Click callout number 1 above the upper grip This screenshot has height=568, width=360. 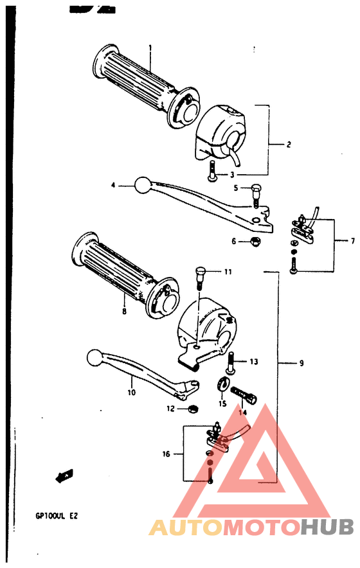click(x=150, y=48)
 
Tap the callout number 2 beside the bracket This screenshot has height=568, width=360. click(x=289, y=145)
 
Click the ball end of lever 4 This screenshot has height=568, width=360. click(x=142, y=186)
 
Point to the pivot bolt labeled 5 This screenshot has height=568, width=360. click(x=256, y=191)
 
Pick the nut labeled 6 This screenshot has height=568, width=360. click(x=255, y=242)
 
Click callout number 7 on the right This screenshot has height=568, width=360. click(x=352, y=241)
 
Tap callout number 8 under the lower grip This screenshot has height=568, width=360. click(x=123, y=312)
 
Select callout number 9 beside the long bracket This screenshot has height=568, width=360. click(x=301, y=364)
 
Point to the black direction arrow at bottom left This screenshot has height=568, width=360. click(x=62, y=477)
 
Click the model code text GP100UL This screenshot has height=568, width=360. click(x=51, y=515)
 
